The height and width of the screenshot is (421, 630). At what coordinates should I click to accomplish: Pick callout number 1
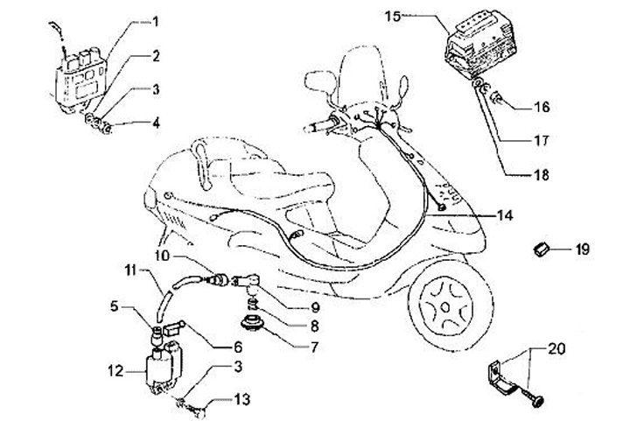(x=157, y=20)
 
